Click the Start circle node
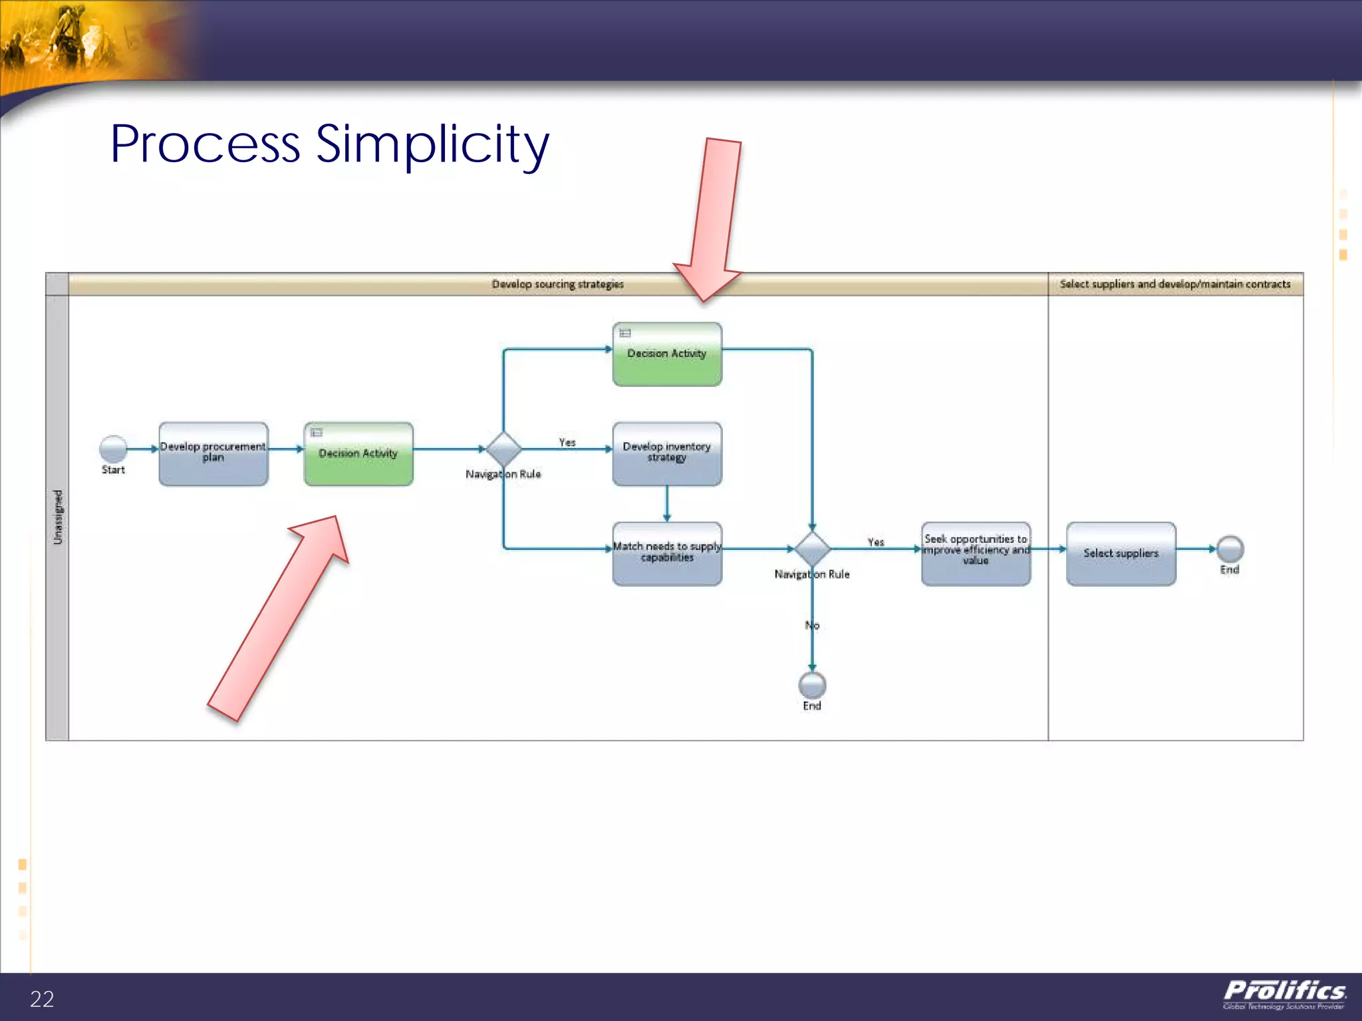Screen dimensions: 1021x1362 (113, 449)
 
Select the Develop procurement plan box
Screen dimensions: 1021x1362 (213, 453)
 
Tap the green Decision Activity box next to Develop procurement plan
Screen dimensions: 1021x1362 (358, 453)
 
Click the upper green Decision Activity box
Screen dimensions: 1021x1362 (667, 354)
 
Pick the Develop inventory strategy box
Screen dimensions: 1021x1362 (667, 453)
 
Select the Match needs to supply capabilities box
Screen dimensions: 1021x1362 (667, 553)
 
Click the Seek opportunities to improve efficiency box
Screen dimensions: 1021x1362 (976, 553)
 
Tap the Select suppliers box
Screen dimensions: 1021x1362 (1121, 553)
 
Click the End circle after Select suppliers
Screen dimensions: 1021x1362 (1230, 549)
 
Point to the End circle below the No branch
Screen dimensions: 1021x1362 (812, 685)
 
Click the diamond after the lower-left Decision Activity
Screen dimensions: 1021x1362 (503, 449)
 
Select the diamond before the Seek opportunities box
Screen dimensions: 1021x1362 (812, 549)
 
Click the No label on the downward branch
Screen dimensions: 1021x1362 (812, 625)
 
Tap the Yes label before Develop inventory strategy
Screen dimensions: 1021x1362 (567, 442)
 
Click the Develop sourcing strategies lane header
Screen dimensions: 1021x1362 (557, 284)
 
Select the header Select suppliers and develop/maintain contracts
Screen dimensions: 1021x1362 (1175, 284)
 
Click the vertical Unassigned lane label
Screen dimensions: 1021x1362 (58, 517)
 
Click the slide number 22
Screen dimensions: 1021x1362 (42, 998)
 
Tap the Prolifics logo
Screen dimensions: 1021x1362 (1284, 994)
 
